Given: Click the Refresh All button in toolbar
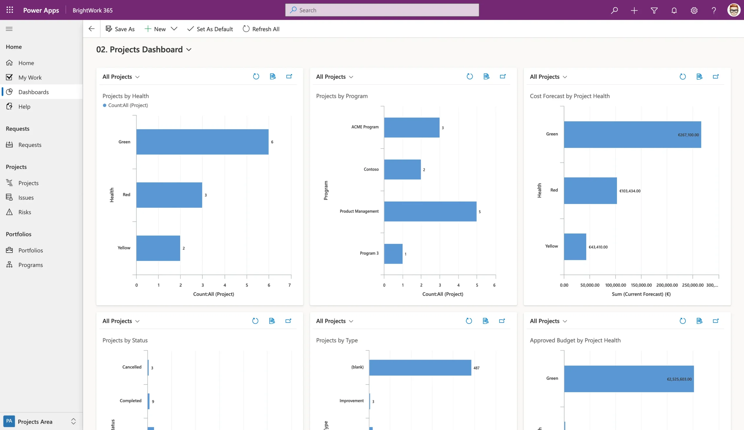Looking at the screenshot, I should pos(261,29).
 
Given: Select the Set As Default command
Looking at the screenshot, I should pos(210,29).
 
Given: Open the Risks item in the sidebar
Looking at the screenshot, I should pos(24,212).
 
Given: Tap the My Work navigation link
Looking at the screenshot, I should pos(30,77).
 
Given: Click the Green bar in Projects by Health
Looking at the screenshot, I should pos(202,142).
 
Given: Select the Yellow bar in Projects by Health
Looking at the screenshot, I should pos(158,248).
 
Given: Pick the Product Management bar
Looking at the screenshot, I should pos(430,211).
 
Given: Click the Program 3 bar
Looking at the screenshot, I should pos(393,254).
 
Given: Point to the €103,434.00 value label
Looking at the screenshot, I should pos(630,191).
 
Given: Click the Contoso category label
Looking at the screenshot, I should pos(371,169).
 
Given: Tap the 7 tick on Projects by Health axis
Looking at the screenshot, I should pos(289,285).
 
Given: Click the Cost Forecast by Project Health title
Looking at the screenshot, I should pos(570,96).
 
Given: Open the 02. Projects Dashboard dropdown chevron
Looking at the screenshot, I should pos(189,50).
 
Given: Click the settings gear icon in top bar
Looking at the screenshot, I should pos(694,10).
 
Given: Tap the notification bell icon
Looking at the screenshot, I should pos(674,10).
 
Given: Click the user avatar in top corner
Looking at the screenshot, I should pos(734,10).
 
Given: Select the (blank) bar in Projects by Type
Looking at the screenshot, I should pos(420,368).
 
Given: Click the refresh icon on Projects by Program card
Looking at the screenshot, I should pos(470,76).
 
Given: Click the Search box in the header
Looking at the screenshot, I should pos(382,10).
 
